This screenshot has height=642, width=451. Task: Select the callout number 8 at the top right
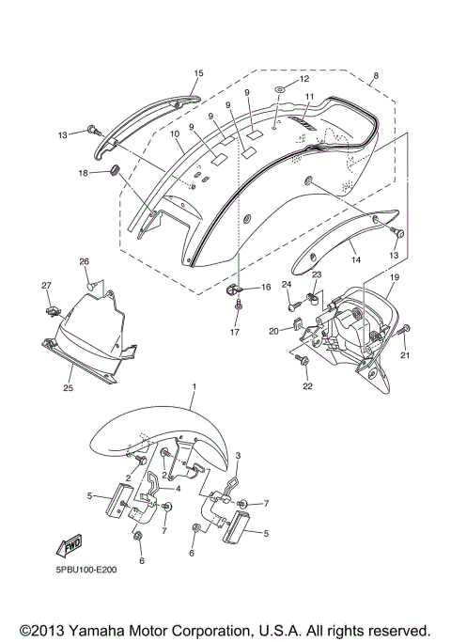(376, 75)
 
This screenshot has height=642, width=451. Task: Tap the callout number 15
(198, 72)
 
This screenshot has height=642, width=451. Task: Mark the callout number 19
(395, 277)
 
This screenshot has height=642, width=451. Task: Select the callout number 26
(84, 261)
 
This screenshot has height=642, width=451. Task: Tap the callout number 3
(238, 454)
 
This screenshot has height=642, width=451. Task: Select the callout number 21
(406, 354)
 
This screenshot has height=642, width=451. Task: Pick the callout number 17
(236, 332)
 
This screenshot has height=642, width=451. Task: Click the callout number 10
(175, 135)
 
